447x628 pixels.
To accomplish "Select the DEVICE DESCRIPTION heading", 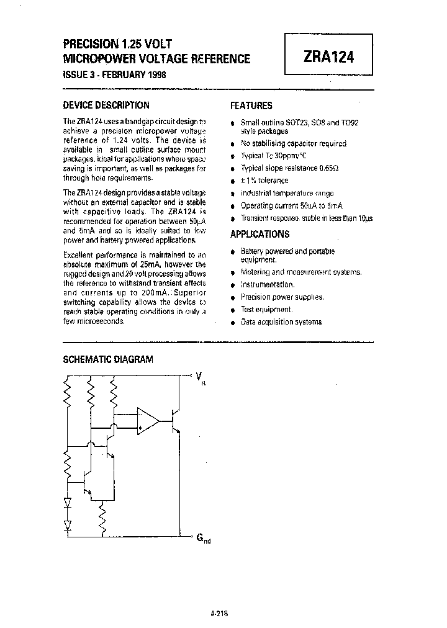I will click(x=106, y=105).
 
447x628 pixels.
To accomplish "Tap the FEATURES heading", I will click(x=251, y=105).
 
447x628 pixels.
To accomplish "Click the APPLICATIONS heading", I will click(x=260, y=234).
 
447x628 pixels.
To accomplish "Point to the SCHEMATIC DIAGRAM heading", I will click(x=108, y=359).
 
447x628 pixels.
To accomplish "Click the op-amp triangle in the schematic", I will click(x=148, y=421).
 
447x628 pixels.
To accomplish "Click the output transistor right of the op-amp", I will click(x=176, y=422).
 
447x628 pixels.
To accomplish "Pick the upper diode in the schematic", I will click(x=68, y=502).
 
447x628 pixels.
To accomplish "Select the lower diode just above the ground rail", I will click(x=68, y=524).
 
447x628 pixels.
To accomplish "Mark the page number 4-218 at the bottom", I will click(x=220, y=613).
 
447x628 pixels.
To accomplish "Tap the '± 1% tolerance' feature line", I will click(x=264, y=181).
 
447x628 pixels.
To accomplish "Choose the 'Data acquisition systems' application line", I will click(x=281, y=321).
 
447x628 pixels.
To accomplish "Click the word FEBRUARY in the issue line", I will click(x=122, y=74).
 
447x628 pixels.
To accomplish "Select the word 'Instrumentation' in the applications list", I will click(x=267, y=284).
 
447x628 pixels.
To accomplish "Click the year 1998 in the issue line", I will click(x=156, y=74).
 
